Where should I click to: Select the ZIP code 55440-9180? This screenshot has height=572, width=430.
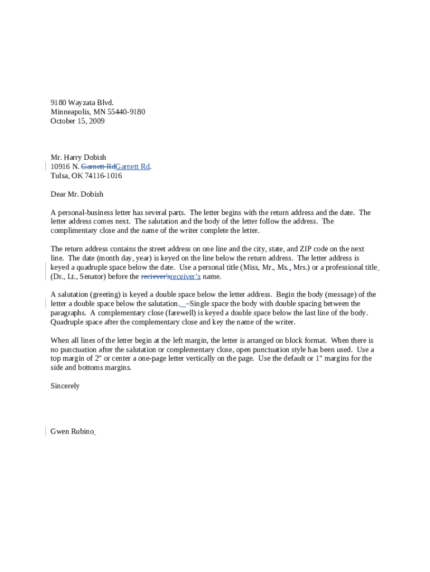(126, 112)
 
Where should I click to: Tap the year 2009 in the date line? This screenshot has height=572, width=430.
(96, 121)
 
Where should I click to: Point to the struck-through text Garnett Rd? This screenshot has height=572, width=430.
(98, 166)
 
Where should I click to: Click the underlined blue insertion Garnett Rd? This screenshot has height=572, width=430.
(132, 166)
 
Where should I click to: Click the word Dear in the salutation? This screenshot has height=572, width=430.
(59, 194)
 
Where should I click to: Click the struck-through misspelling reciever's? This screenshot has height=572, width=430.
(155, 277)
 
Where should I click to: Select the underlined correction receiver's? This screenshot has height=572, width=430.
(185, 277)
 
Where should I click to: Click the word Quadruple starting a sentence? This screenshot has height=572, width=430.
(68, 322)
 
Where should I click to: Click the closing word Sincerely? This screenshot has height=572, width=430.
(65, 386)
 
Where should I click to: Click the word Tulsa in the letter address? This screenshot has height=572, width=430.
(60, 176)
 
